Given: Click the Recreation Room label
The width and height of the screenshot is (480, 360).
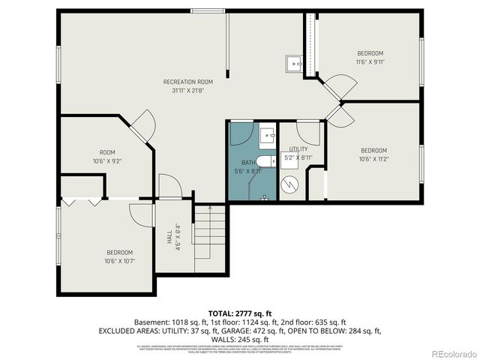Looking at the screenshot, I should pyautogui.click(x=188, y=82).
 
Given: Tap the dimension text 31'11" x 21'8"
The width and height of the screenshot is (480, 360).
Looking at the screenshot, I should pyautogui.click(x=188, y=90).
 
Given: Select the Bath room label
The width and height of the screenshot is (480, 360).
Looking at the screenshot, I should pyautogui.click(x=247, y=163).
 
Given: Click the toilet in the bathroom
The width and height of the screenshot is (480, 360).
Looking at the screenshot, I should pyautogui.click(x=265, y=160).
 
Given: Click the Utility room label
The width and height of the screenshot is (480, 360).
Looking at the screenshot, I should pyautogui.click(x=298, y=149).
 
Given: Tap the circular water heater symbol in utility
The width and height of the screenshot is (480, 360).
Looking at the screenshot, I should pyautogui.click(x=289, y=183).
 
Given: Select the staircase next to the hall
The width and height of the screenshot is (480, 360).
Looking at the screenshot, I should pyautogui.click(x=210, y=236).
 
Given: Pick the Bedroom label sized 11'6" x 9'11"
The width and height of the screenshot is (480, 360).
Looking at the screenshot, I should pyautogui.click(x=370, y=53).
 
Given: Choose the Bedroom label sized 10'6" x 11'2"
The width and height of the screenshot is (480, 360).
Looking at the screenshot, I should pyautogui.click(x=373, y=150).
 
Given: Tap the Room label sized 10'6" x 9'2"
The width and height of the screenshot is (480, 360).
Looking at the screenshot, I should pyautogui.click(x=106, y=152).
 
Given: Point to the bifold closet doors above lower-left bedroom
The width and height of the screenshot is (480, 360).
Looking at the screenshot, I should pyautogui.click(x=82, y=201).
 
